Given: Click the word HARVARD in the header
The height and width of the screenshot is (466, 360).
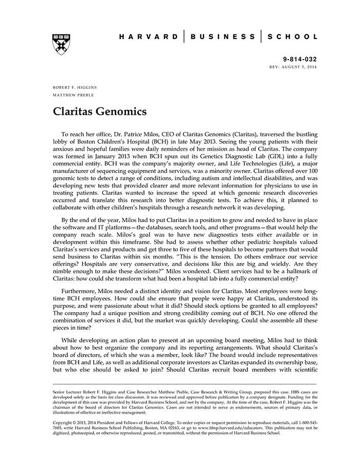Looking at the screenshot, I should coord(149,37).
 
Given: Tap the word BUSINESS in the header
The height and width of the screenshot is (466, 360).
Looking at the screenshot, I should coord(223,37).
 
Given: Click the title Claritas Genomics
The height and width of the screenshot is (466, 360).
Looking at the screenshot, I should coord(100,111).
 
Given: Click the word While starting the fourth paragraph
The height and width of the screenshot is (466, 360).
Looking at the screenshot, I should coord(70,340).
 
